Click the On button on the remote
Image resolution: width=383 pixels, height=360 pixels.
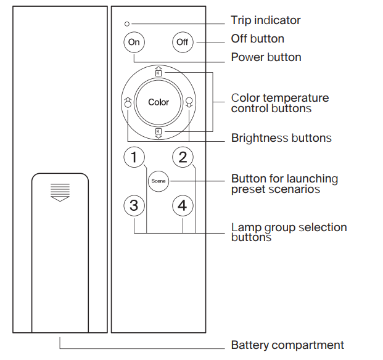133,43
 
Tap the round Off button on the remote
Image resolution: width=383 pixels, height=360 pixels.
182,43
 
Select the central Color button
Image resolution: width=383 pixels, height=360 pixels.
159,102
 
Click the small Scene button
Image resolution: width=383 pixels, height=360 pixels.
158,182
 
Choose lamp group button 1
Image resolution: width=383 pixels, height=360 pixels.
134,158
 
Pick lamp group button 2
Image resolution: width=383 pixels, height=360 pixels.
182,158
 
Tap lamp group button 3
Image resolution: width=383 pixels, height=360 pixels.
134,205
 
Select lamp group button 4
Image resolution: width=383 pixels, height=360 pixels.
182,205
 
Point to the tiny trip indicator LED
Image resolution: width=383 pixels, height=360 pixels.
127,24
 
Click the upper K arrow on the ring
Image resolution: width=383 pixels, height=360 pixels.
159,72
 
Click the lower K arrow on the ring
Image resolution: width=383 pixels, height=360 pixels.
159,133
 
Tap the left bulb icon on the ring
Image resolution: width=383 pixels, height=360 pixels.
128,102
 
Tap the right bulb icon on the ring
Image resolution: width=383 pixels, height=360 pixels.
189,102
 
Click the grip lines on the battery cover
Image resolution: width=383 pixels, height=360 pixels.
60,191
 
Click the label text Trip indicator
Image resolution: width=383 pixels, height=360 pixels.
266,20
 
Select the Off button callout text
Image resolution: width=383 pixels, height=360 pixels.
257,39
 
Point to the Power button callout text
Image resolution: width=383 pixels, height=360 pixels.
266,57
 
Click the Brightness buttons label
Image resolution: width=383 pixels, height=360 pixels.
281,138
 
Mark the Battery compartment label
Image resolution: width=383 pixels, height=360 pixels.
287,345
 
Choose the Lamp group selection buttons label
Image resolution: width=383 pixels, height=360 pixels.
289,232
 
